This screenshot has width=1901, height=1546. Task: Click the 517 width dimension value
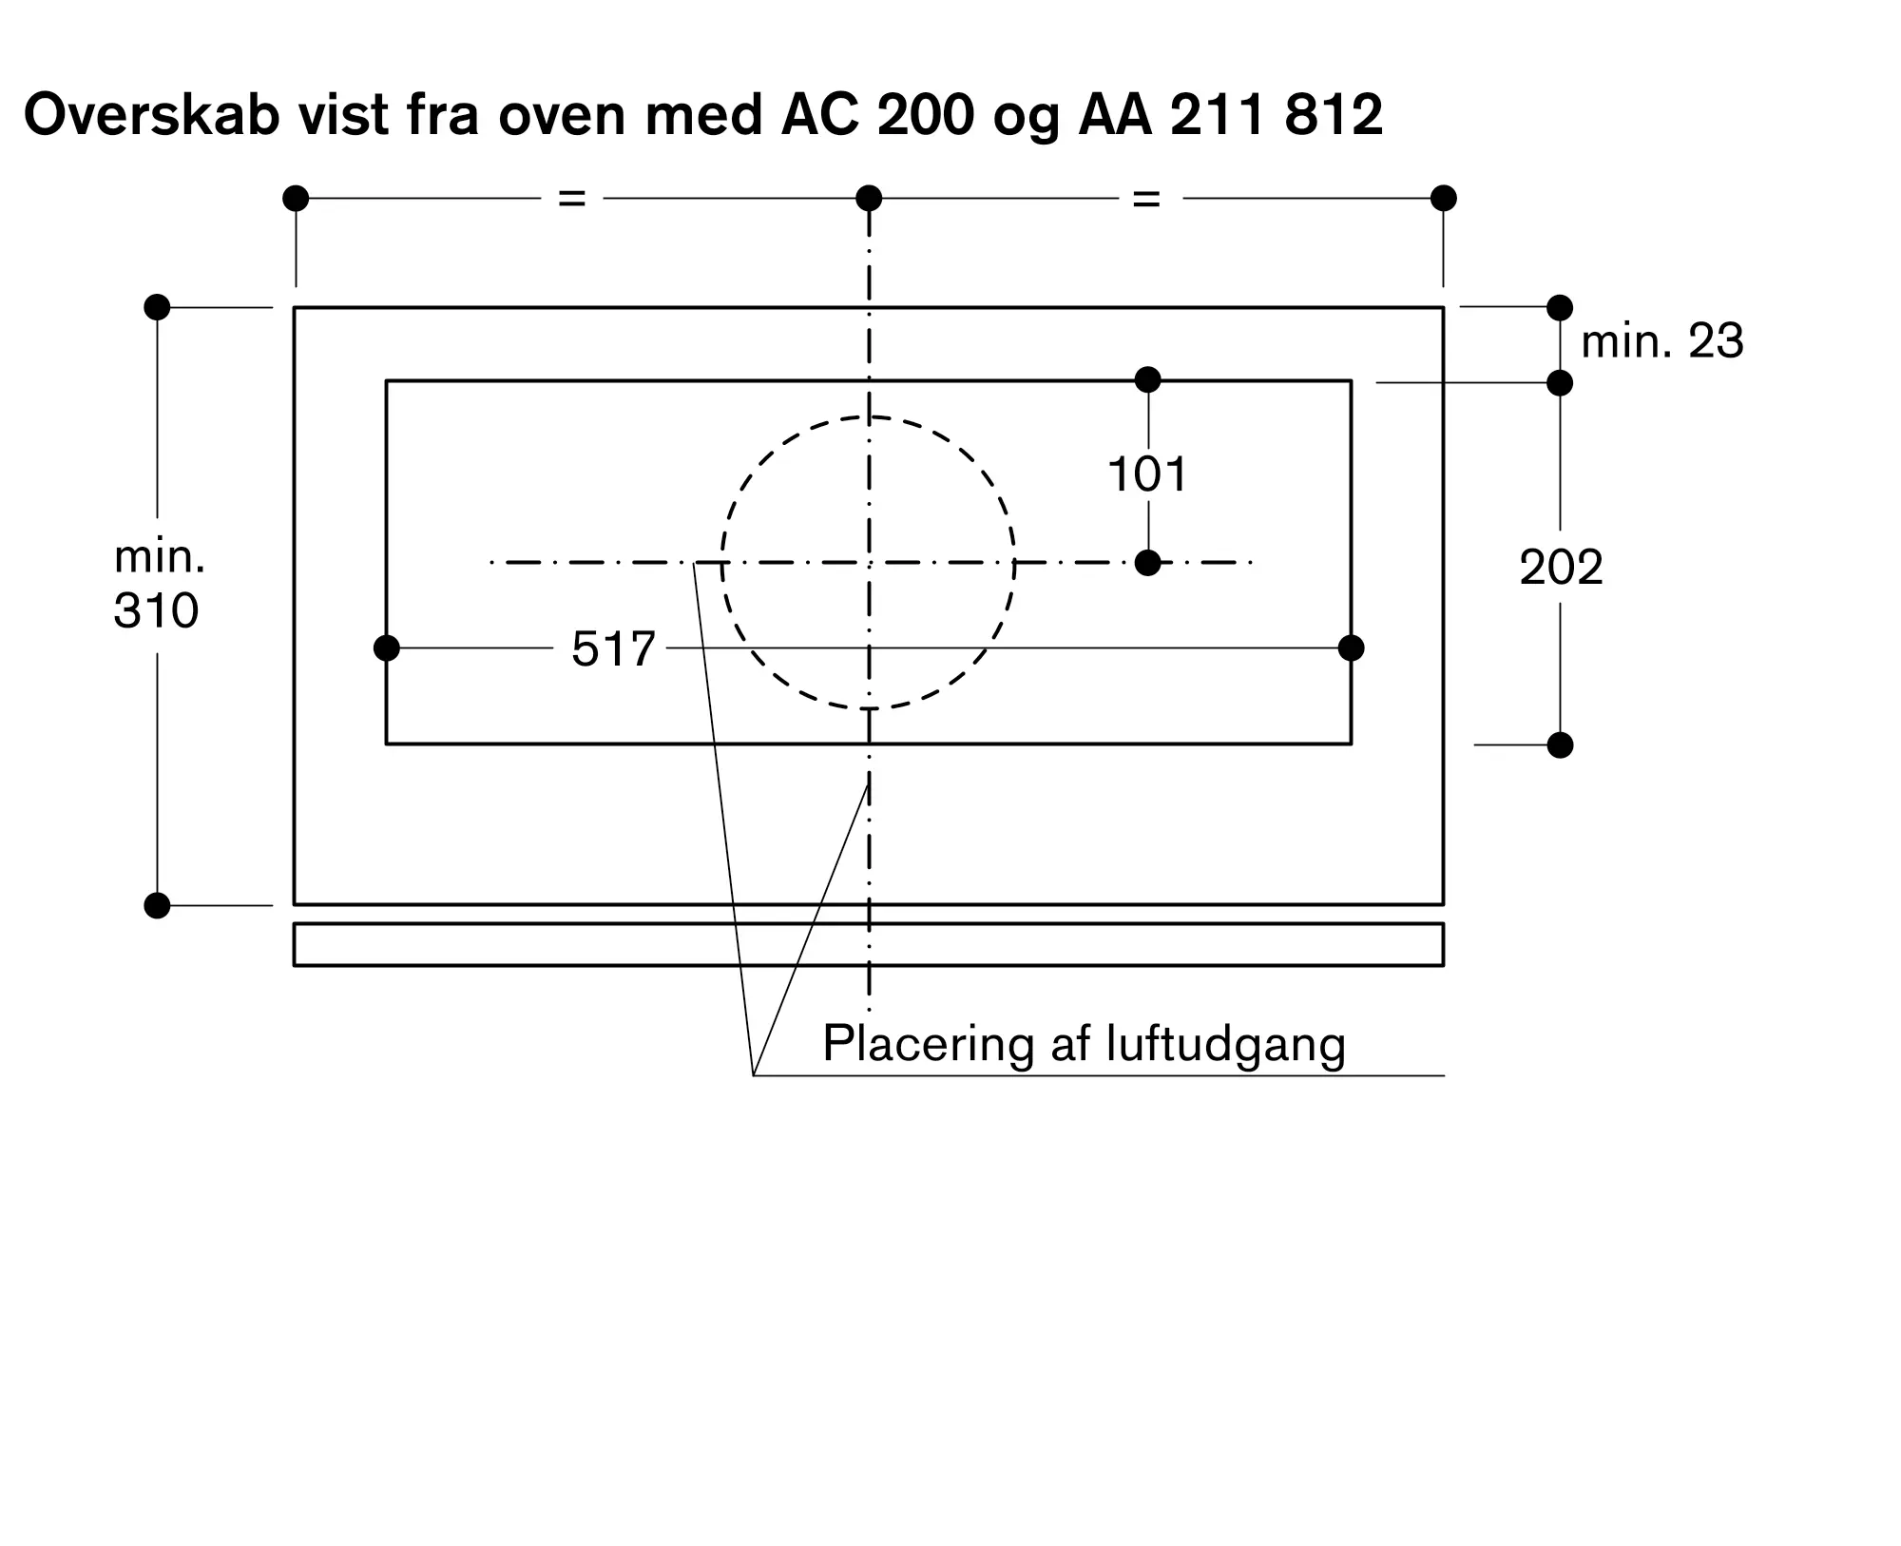(x=613, y=649)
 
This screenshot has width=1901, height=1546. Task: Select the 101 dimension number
(x=1147, y=473)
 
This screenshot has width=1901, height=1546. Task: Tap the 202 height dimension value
(x=1561, y=568)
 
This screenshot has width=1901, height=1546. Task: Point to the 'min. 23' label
(x=1661, y=341)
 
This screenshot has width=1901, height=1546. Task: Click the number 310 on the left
(x=156, y=610)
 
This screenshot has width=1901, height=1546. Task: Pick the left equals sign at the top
(x=571, y=199)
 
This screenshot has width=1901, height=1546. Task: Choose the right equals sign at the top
(x=1146, y=199)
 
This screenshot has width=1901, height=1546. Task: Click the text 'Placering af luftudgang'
(x=1084, y=1044)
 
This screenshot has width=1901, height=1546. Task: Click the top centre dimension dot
(x=869, y=199)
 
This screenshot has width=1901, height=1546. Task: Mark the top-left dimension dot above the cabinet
(x=296, y=199)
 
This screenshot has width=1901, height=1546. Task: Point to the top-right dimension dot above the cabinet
(x=1443, y=199)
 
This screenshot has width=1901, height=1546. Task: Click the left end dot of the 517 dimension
(x=387, y=648)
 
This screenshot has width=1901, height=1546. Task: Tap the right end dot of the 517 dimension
(x=1351, y=648)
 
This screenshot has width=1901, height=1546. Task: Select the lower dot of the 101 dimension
(x=1148, y=563)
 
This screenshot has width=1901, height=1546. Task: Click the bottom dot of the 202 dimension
(x=1560, y=745)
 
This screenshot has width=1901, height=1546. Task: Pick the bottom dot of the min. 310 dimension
(x=157, y=905)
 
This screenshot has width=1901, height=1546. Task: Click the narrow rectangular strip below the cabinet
(x=869, y=944)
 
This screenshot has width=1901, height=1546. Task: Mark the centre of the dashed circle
(x=869, y=563)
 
